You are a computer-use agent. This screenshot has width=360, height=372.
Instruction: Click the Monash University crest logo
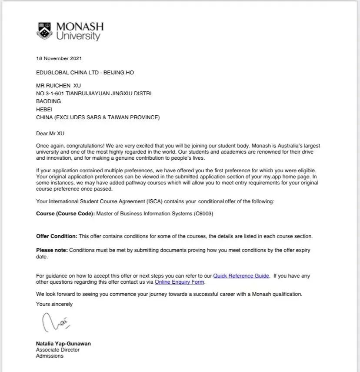coord(44,31)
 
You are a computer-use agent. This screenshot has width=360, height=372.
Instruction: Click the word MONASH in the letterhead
coord(80,27)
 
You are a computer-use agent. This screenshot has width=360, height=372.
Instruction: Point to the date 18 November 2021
coord(59,58)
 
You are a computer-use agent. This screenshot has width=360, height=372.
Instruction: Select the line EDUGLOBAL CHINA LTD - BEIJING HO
coord(85,73)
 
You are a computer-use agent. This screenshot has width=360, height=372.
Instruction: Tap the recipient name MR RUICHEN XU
coord(58,86)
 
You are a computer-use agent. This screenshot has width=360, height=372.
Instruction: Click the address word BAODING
coord(48,101)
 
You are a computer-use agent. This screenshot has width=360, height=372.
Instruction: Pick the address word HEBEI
coord(44,109)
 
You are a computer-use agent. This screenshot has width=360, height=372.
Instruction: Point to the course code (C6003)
coord(203,214)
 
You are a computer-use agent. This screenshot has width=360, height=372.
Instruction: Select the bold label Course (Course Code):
coord(65,214)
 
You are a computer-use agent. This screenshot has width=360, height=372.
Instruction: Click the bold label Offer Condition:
coord(57,236)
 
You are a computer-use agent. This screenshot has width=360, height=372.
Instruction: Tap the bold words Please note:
coord(52,250)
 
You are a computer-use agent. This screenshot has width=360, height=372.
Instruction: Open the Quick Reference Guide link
coord(241,276)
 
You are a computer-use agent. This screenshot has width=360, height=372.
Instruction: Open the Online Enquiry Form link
coord(180,282)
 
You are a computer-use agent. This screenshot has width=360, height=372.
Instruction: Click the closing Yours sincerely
coord(54,304)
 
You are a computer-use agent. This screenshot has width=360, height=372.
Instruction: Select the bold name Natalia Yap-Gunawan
coord(63,344)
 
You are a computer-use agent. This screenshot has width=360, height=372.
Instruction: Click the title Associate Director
coord(57,350)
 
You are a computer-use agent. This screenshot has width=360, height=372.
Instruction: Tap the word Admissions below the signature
coord(50,356)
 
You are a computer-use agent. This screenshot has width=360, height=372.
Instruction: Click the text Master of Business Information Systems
coord(144,214)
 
